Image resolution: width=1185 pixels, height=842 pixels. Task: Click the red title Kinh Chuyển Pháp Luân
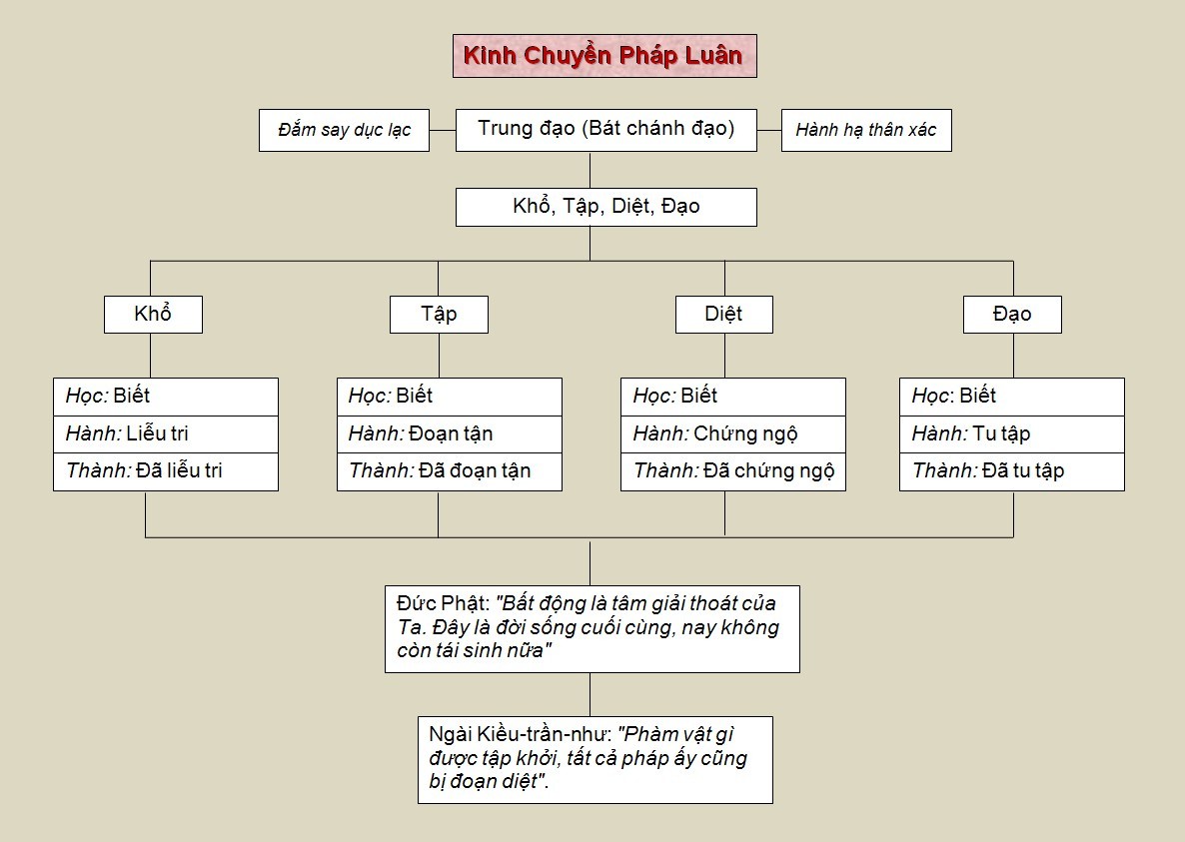tap(603, 56)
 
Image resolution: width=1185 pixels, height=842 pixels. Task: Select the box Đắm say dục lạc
tap(344, 130)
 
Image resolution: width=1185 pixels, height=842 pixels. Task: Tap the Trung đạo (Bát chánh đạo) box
tap(606, 130)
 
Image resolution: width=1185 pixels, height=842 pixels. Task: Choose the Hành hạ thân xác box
tap(866, 130)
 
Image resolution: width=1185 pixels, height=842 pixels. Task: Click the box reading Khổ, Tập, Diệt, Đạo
tap(606, 207)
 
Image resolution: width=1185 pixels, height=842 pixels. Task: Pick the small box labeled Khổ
tap(154, 315)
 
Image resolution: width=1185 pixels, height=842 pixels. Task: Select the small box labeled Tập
tap(439, 315)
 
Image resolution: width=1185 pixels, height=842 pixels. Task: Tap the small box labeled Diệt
tap(724, 315)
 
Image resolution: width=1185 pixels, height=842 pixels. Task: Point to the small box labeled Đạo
tap(1013, 315)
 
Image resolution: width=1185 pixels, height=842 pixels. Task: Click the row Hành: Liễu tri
tap(166, 434)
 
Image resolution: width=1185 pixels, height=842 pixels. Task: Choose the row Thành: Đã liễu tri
tap(166, 472)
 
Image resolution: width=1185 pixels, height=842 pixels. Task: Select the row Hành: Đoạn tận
tap(450, 434)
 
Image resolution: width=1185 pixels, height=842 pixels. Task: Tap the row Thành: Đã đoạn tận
tap(450, 472)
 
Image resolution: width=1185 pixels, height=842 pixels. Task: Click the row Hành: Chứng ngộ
tap(733, 434)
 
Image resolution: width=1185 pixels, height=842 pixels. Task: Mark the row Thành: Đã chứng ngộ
tap(733, 472)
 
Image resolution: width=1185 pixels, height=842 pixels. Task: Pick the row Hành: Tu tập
tap(1012, 434)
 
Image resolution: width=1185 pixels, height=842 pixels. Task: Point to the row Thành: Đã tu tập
tap(1012, 472)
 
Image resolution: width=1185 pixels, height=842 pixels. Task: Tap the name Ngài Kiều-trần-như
tap(520, 734)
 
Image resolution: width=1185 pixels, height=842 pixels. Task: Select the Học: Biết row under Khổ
tap(166, 398)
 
